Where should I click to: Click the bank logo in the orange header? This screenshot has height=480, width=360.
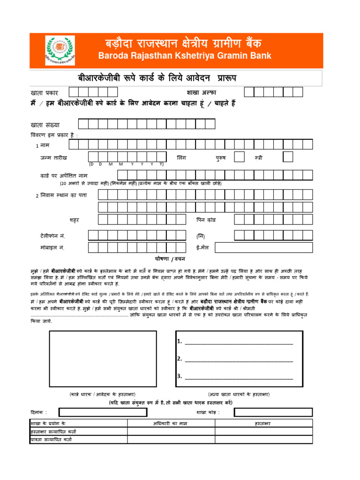[x=59, y=51]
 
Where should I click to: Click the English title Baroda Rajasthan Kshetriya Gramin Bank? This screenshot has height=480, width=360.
[x=184, y=56]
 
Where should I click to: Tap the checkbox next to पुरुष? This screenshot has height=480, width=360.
[x=239, y=157]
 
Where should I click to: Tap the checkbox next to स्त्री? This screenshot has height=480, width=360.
[x=288, y=157]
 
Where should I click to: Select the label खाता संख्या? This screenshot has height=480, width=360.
[x=45, y=125]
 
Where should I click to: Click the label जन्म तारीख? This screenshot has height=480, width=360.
[x=53, y=158]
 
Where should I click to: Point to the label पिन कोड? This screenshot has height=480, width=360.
[x=206, y=220]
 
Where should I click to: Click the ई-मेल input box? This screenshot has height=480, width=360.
[x=267, y=247]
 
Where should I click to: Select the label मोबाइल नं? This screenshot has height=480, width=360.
[x=52, y=247]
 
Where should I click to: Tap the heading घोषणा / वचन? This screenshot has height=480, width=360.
[x=170, y=259]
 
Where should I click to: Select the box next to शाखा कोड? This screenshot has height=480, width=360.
[x=273, y=412]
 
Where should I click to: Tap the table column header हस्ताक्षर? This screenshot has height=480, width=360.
[x=263, y=423]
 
